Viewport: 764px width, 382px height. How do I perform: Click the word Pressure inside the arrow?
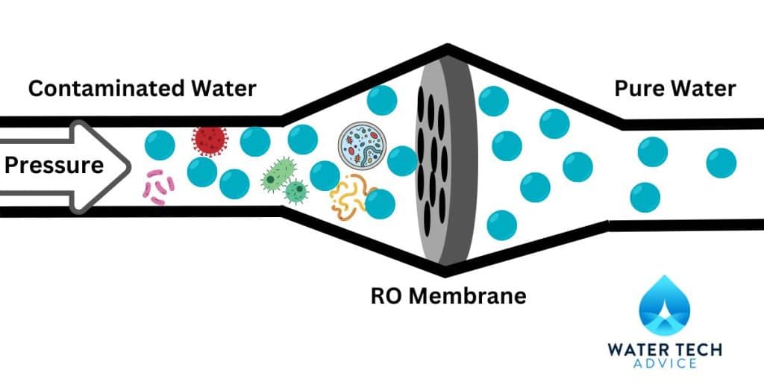click(x=54, y=165)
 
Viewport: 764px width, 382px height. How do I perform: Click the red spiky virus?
click(x=209, y=139)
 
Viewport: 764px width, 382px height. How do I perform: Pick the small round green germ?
click(x=297, y=192)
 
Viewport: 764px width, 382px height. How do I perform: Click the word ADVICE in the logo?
click(x=666, y=363)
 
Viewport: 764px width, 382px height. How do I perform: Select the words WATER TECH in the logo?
click(x=666, y=348)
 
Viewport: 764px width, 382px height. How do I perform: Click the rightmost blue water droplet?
click(x=721, y=163)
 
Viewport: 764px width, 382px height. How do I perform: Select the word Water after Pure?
click(x=701, y=89)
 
